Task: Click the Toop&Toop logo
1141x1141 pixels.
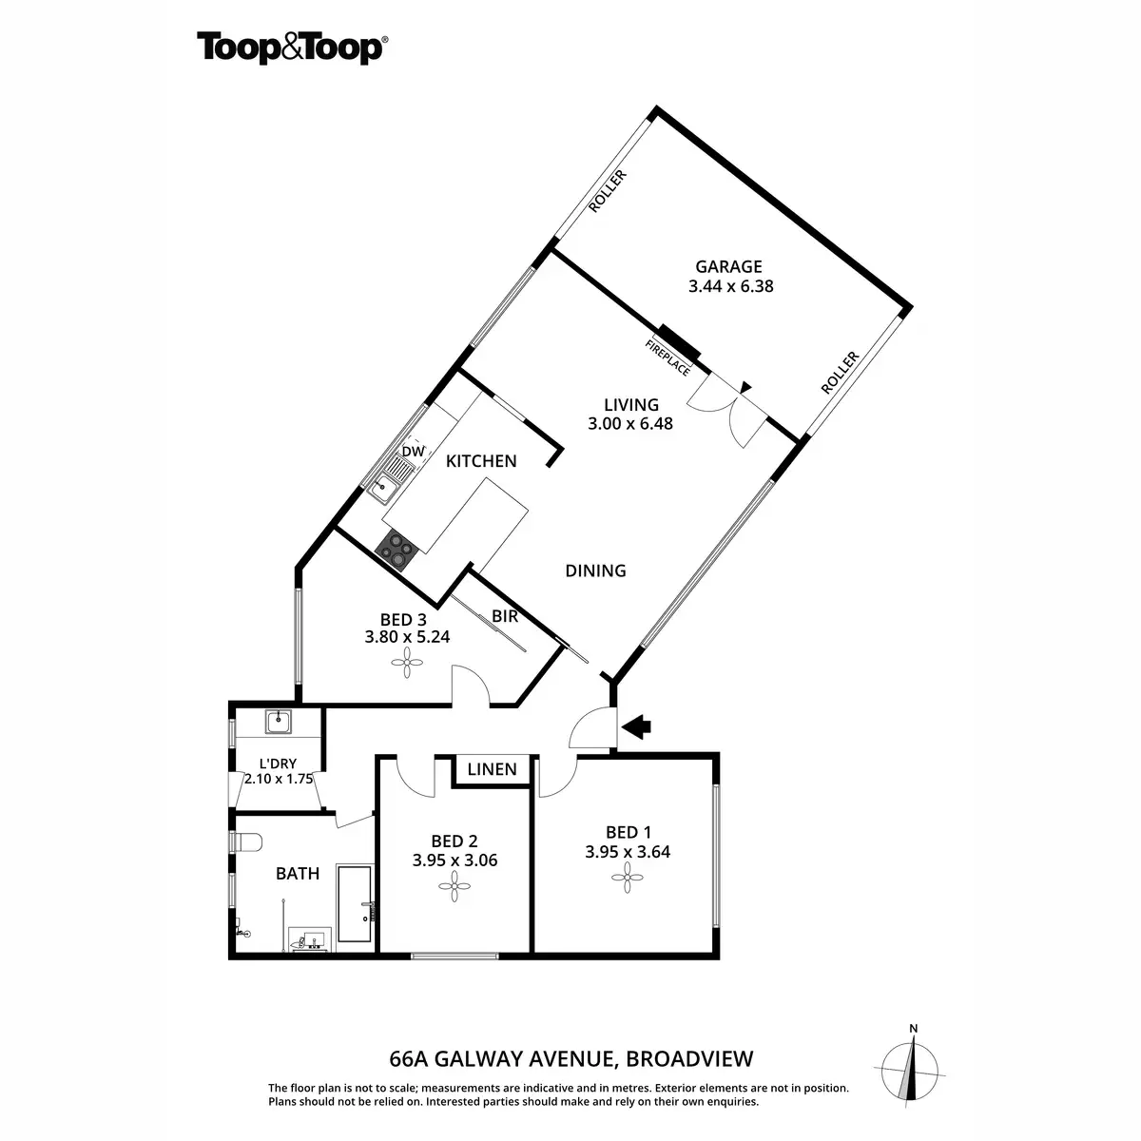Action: (291, 48)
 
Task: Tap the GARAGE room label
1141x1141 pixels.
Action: (729, 266)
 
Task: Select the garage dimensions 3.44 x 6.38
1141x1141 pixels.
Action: (730, 285)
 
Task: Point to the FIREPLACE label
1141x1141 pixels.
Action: (667, 358)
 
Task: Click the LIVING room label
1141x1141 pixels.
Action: (630, 405)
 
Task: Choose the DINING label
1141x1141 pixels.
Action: (595, 570)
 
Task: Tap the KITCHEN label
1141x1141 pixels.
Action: (481, 461)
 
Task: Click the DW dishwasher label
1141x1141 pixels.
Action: (412, 451)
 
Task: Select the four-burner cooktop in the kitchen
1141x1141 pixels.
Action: (397, 549)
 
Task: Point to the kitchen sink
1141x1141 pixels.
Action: (385, 490)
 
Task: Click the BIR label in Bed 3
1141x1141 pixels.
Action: (505, 616)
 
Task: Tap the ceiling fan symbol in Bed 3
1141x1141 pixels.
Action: (408, 663)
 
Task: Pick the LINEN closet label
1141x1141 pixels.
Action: (493, 769)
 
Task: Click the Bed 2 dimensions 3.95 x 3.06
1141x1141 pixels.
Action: (454, 861)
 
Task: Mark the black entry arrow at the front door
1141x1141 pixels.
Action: (639, 727)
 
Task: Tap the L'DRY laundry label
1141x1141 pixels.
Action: (279, 763)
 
